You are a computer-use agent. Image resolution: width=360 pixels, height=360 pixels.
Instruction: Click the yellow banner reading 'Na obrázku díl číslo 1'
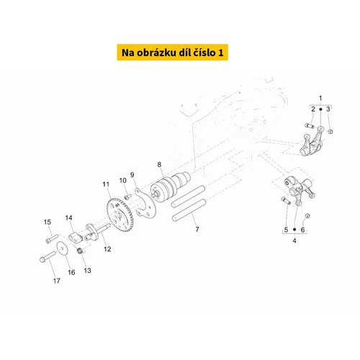click(x=172, y=53)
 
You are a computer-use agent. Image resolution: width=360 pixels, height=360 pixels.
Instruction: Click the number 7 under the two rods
click(x=197, y=229)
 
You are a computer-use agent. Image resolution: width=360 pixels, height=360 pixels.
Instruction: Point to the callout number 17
click(x=57, y=281)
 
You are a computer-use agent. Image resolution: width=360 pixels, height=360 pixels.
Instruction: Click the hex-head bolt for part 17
click(x=48, y=256)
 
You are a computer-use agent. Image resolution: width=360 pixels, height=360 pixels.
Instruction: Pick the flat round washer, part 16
click(x=62, y=248)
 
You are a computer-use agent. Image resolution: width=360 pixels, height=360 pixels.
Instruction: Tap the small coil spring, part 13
click(x=81, y=251)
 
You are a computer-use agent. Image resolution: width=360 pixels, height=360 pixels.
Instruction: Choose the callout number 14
click(x=68, y=217)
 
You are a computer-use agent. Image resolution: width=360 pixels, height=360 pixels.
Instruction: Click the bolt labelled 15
click(x=52, y=238)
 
